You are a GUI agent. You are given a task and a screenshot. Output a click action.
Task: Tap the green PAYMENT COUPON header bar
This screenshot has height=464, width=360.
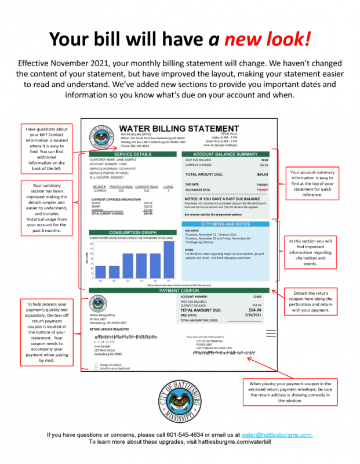179,290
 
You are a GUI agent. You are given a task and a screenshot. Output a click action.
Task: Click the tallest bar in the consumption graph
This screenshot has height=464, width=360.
168,259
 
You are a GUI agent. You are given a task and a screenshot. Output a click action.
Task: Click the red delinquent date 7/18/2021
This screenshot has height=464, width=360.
261,189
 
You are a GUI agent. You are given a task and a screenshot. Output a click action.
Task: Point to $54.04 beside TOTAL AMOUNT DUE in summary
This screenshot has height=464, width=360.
262,174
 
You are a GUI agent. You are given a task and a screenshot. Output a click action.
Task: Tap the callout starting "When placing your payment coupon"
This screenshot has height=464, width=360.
290,392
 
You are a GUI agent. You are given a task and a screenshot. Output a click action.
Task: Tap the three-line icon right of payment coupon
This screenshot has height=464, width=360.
271,332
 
